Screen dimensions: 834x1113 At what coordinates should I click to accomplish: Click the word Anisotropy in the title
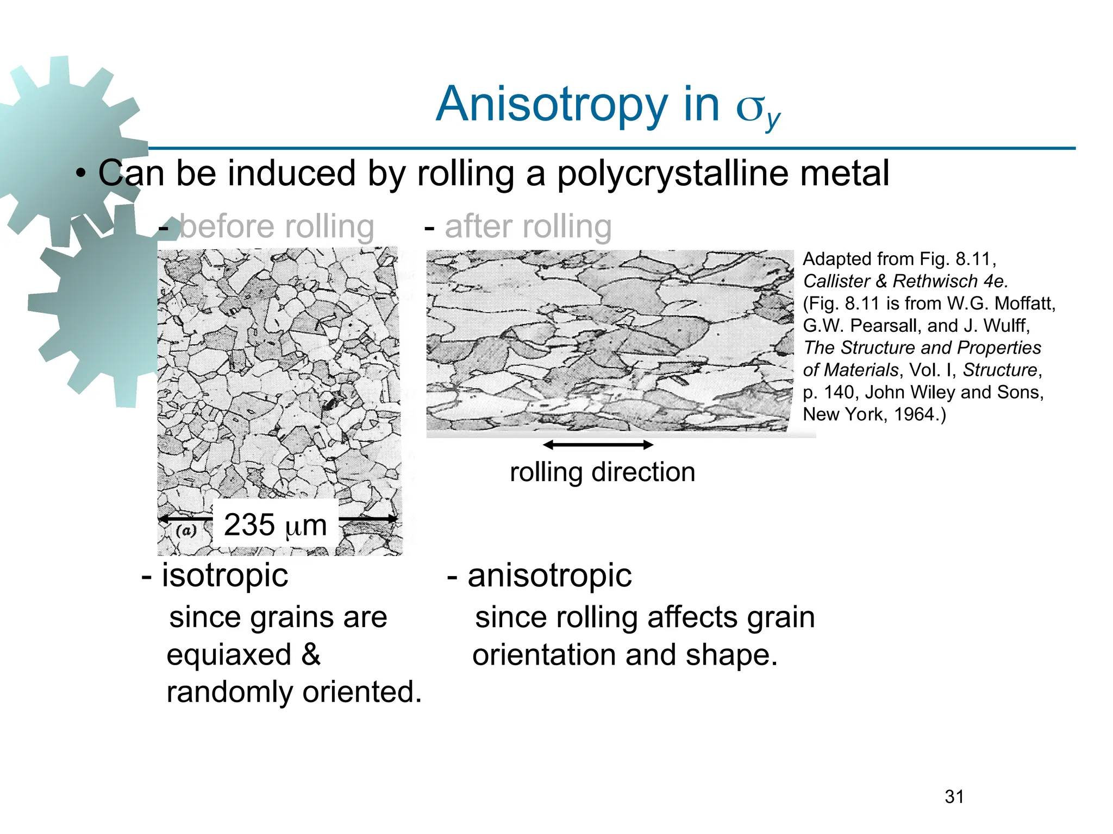click(x=551, y=104)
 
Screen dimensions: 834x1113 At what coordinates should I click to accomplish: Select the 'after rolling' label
click(x=528, y=226)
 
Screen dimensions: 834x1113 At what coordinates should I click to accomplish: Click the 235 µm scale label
click(x=275, y=525)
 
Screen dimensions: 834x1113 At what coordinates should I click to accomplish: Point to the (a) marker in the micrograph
click(x=186, y=530)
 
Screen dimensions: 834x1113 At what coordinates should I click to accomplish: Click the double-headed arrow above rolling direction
click(x=598, y=445)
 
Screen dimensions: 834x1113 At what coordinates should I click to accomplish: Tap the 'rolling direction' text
click(x=602, y=472)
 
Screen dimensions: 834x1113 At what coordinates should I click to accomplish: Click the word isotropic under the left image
click(x=224, y=575)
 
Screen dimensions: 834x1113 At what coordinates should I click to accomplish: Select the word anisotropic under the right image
click(x=549, y=575)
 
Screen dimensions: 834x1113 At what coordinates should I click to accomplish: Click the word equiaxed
click(x=229, y=655)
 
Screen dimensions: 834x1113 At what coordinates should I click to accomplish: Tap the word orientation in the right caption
click(x=545, y=655)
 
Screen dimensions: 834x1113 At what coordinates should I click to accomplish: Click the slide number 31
click(x=954, y=797)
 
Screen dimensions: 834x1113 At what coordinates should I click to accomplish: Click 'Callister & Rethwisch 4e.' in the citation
click(x=905, y=281)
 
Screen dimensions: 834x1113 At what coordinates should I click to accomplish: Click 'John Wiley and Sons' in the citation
click(x=954, y=392)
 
